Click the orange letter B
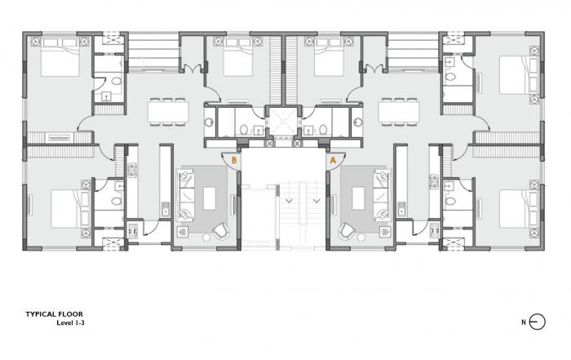coord(235,161)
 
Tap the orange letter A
coord(333,161)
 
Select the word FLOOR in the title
coord(72,313)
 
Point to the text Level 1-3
coord(69,322)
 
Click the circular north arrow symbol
coord(536,321)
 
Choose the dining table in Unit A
coord(399,112)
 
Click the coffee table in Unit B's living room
coord(210,198)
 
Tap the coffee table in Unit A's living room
coord(358,198)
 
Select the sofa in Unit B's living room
coord(186,196)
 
